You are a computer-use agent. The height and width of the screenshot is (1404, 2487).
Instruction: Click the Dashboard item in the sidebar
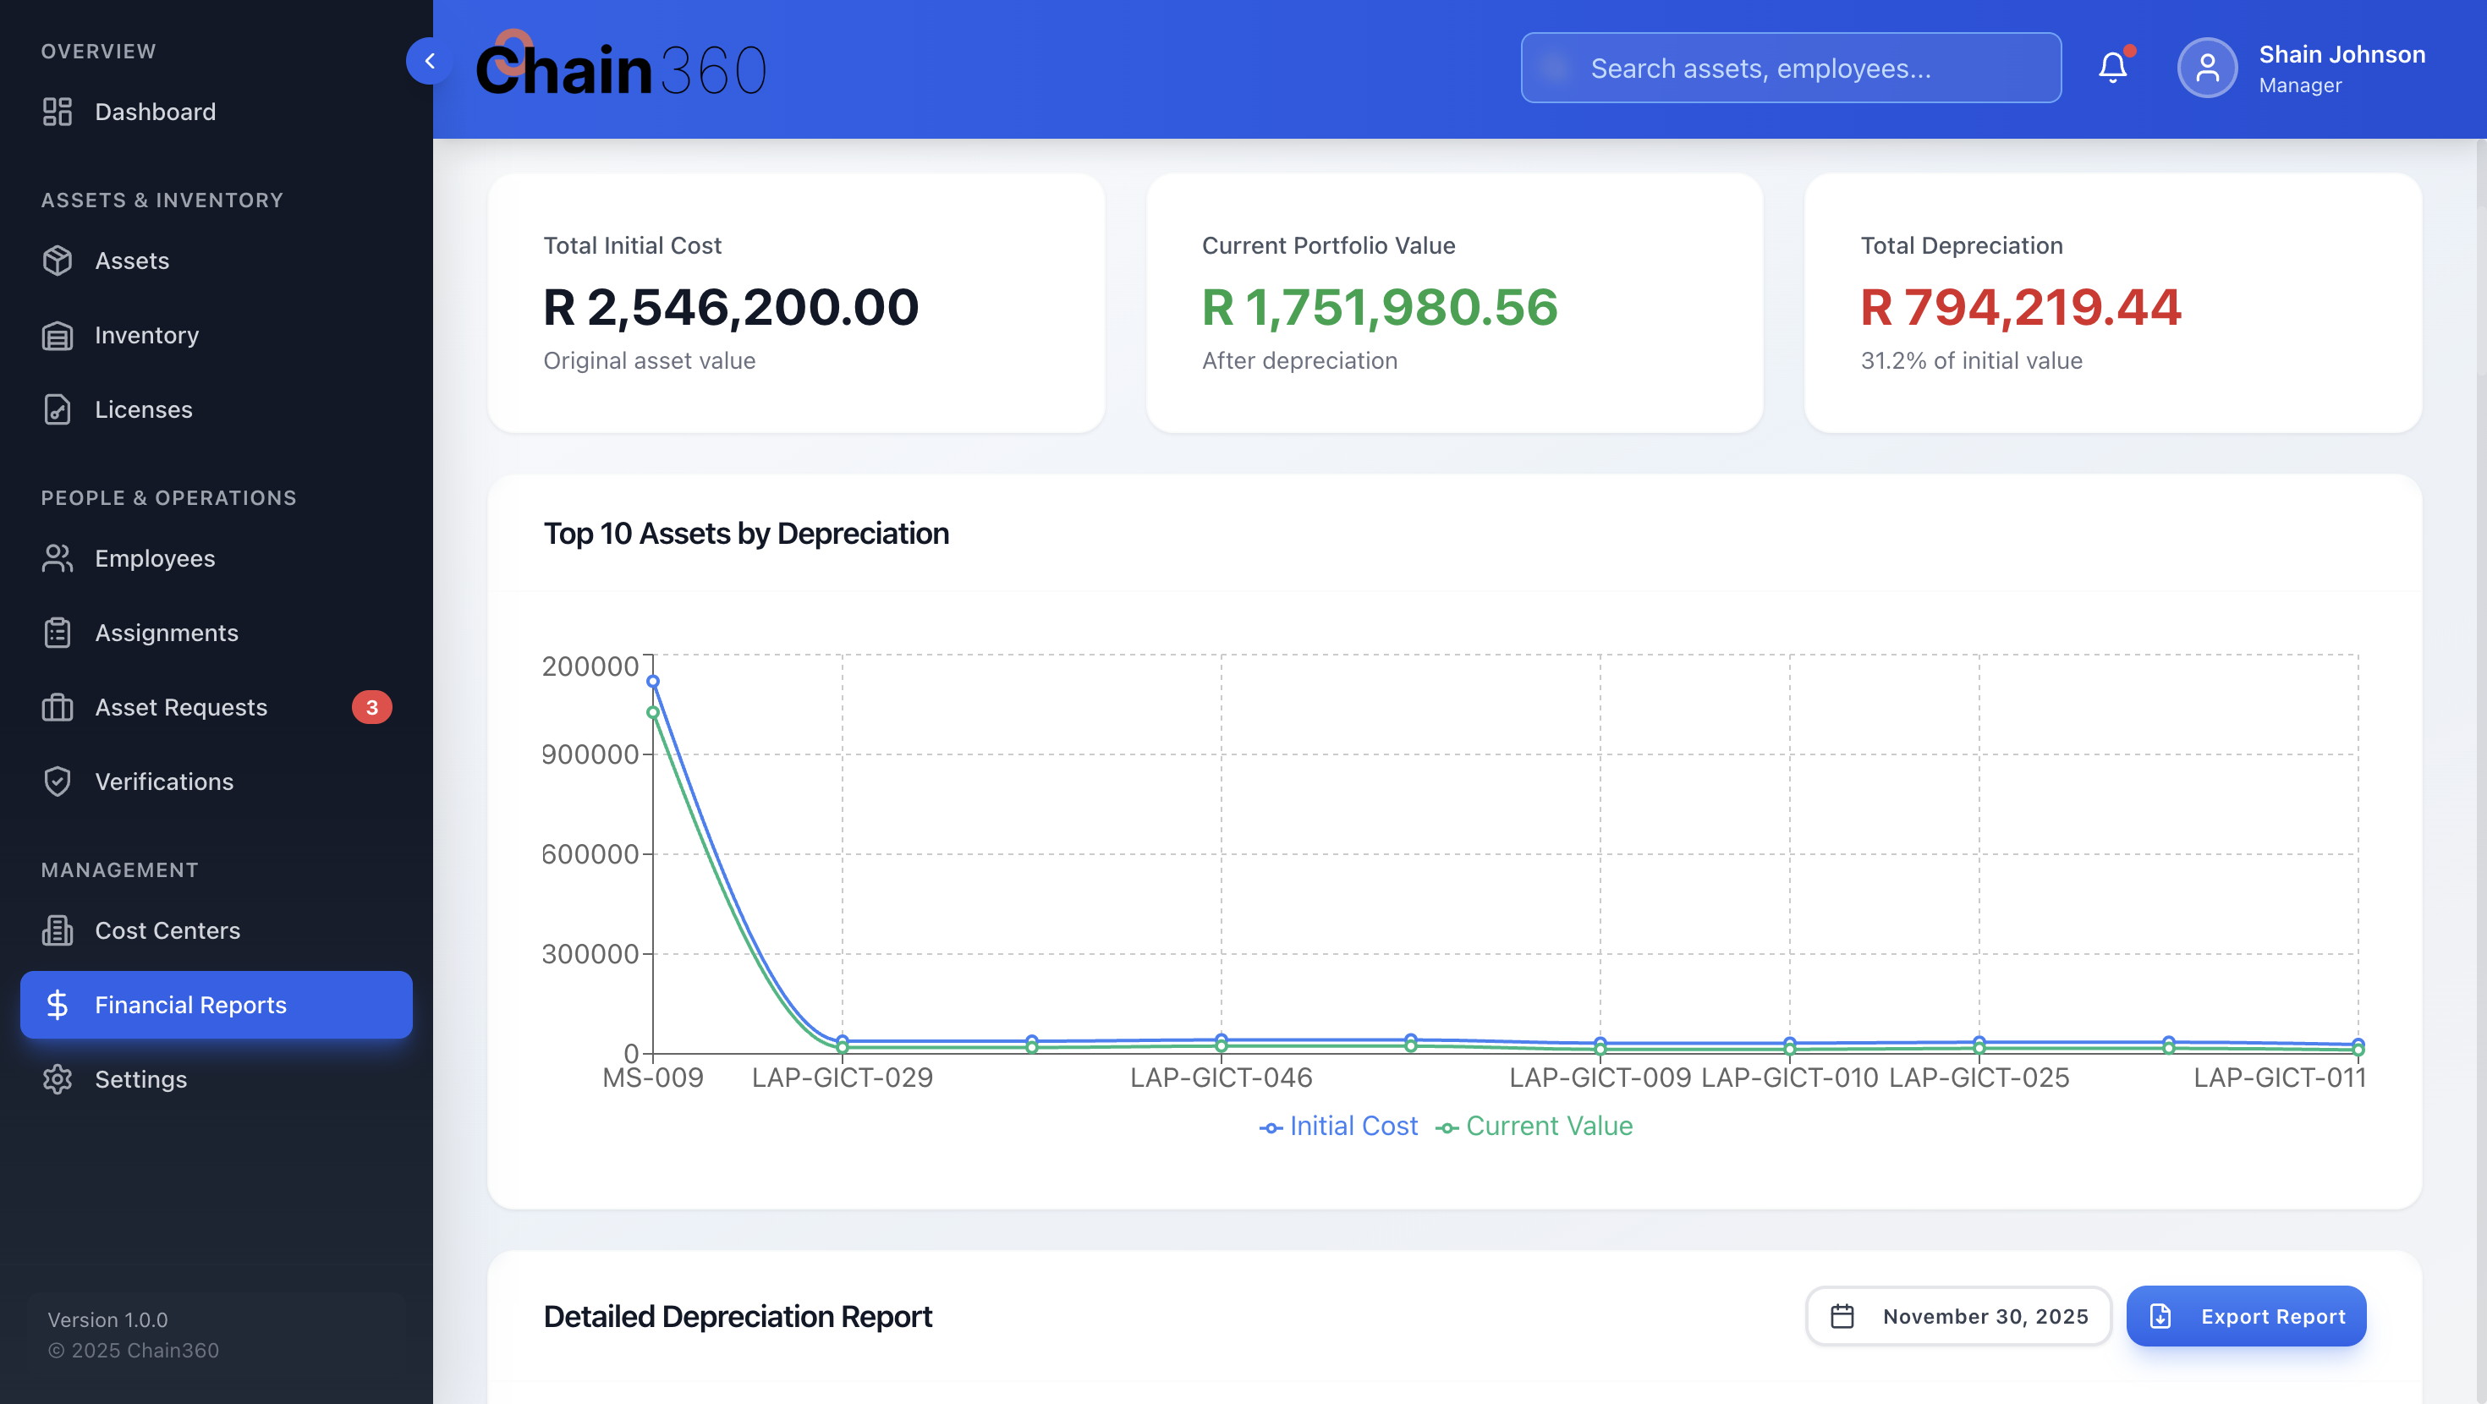(x=155, y=112)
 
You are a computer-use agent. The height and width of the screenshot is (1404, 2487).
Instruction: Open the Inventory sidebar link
(x=145, y=335)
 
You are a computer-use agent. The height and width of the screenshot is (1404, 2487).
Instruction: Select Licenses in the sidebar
(x=143, y=409)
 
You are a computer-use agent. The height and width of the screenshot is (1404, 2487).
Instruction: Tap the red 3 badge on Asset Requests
(x=371, y=707)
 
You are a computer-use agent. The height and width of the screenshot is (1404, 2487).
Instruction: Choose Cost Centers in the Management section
(x=167, y=930)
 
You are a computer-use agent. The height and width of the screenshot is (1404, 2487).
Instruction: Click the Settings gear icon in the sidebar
(x=58, y=1078)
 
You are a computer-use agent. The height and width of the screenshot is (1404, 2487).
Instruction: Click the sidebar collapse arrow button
(x=429, y=62)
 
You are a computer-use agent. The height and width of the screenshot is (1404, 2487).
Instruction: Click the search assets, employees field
(x=1791, y=69)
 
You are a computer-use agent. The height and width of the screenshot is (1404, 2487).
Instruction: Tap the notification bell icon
(x=2112, y=68)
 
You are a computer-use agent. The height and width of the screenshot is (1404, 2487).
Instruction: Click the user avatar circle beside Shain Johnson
(x=2207, y=68)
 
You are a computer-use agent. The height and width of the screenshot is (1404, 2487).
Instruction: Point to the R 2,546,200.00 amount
(x=731, y=307)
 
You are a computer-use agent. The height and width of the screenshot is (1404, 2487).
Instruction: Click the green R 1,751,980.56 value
(x=1379, y=307)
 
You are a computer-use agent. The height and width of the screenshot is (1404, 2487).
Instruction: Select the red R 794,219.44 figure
(x=2020, y=307)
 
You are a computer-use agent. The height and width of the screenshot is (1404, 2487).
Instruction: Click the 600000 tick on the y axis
(x=590, y=853)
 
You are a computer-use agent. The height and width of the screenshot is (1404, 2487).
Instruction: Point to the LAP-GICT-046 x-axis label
(x=1221, y=1078)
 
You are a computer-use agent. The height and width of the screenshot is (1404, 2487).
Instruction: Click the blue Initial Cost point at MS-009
(x=653, y=681)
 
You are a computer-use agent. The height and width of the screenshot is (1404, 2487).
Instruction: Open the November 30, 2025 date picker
(x=1959, y=1316)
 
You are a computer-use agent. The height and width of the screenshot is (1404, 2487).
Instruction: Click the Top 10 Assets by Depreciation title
(x=746, y=533)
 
